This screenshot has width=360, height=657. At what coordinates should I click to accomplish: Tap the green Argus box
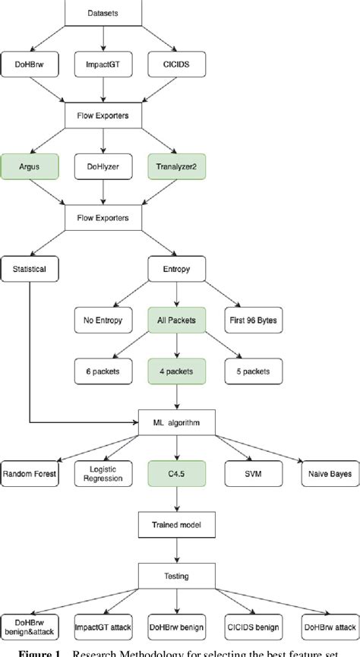pos(28,166)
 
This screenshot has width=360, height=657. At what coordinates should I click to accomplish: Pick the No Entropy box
pos(103,320)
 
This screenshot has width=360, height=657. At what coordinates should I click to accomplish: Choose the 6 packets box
pos(103,371)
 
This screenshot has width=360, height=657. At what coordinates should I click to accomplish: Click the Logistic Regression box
pos(103,473)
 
